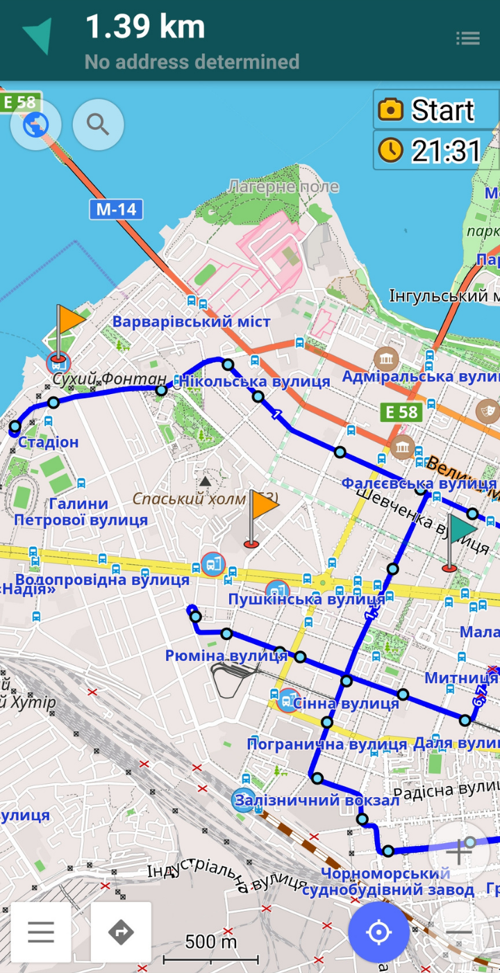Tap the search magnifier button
98,125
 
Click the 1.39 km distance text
145,28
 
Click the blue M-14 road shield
115,209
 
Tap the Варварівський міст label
191,322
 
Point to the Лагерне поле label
283,186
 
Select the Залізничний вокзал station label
317,800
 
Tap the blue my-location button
378,932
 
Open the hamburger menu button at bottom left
41,932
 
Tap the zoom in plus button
458,851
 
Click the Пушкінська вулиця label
306,599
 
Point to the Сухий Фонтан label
110,379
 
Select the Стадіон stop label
48,442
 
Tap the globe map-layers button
36,125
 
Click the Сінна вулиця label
346,703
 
